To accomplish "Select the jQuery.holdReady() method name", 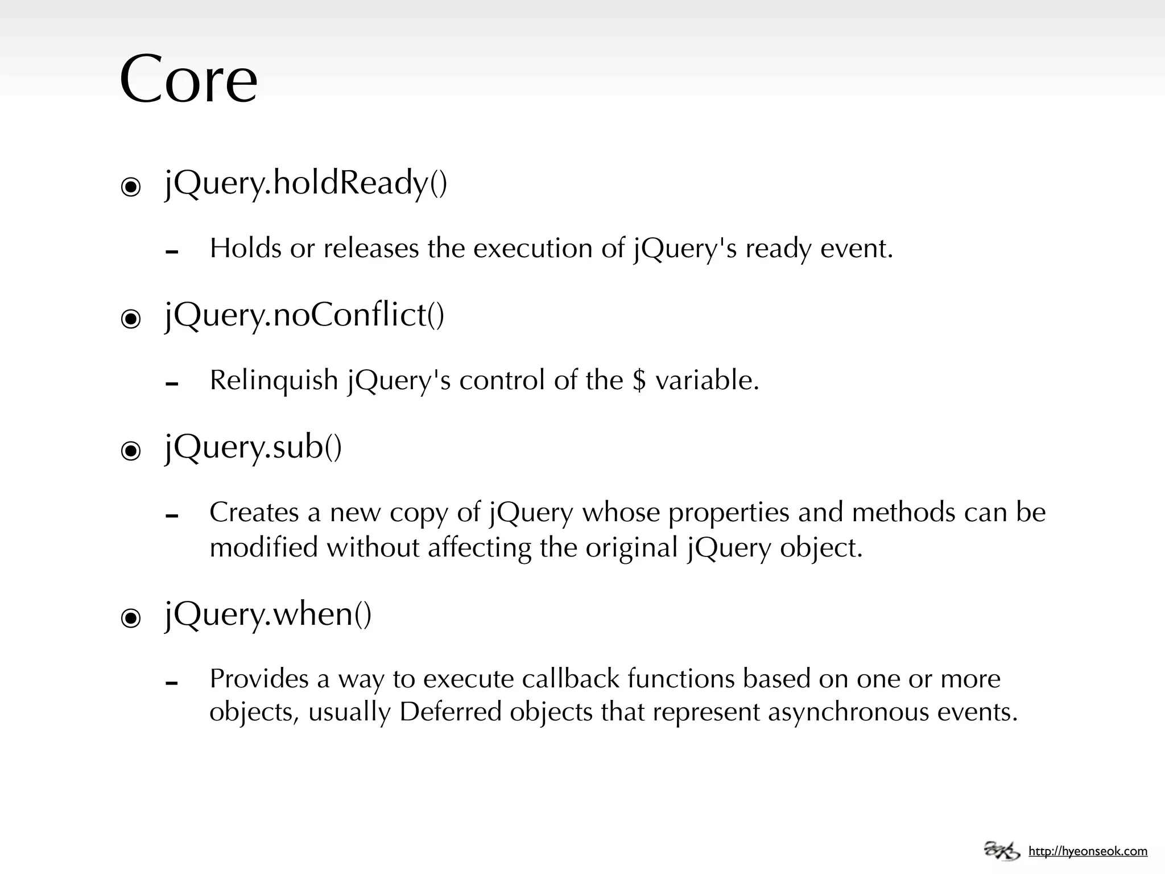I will pos(306,183).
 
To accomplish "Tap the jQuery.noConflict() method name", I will pos(304,315).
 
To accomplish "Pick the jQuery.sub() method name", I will pos(253,447).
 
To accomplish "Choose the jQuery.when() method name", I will pos(268,615).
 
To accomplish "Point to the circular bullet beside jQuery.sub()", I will pos(131,451).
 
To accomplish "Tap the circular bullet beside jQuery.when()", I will pos(131,618).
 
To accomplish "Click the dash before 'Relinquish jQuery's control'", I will pos(172,384).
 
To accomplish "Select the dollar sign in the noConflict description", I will pos(639,380).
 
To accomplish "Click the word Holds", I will pos(246,248).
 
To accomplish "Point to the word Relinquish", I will pos(274,380).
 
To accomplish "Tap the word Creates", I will pos(254,512).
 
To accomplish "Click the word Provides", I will pos(259,679).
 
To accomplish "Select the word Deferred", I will pos(450,712).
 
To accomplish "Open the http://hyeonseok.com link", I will pos(1088,851).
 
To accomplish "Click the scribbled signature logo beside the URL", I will pos(1002,850).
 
